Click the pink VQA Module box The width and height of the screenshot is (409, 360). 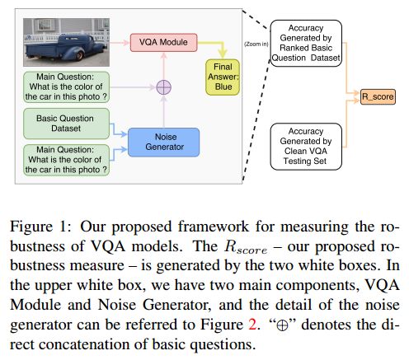click(x=163, y=42)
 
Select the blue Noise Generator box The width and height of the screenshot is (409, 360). click(x=164, y=143)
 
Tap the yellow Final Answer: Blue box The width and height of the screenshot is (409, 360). click(x=223, y=77)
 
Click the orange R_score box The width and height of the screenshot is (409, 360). click(x=378, y=96)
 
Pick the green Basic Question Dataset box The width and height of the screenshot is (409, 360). click(x=66, y=124)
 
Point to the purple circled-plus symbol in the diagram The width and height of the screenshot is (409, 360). click(x=164, y=87)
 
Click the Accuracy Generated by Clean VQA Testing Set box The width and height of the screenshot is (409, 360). click(x=306, y=147)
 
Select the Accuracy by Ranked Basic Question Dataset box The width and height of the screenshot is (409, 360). click(x=306, y=43)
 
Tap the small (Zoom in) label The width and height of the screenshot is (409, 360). click(x=256, y=44)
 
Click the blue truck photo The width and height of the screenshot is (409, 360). click(x=66, y=42)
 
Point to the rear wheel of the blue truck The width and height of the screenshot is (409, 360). click(x=79, y=55)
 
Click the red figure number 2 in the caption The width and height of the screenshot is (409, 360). click(x=252, y=325)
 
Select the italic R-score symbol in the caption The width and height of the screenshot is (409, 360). click(x=246, y=246)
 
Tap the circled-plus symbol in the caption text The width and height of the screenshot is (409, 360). click(x=282, y=325)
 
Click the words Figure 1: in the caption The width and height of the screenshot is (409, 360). click(x=41, y=227)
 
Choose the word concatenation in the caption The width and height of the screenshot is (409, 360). click(x=86, y=344)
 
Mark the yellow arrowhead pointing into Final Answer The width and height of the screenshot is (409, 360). click(x=223, y=54)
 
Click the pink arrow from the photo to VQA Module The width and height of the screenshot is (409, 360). click(x=120, y=43)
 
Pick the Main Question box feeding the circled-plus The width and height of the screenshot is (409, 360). click(x=66, y=87)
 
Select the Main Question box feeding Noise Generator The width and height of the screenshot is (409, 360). click(x=66, y=160)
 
